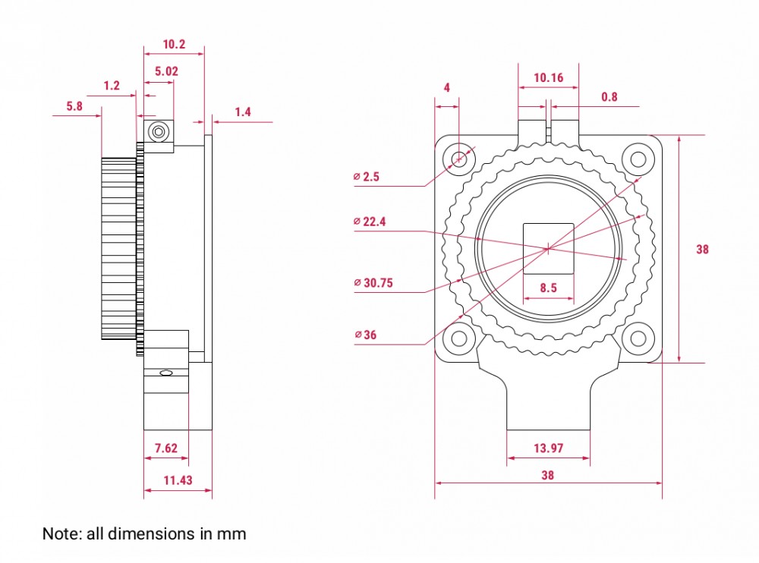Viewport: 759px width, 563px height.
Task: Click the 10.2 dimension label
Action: point(174,45)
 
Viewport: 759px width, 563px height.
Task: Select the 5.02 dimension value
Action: point(166,71)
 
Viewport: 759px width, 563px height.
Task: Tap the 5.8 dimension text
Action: point(74,106)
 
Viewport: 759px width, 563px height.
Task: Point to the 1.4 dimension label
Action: point(243,112)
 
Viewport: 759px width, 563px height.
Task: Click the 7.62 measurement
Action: point(166,448)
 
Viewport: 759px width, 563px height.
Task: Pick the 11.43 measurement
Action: point(178,480)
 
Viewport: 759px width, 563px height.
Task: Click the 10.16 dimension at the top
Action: point(549,77)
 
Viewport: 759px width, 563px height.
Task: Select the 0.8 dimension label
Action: point(609,97)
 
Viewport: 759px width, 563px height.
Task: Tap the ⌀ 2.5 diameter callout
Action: point(367,177)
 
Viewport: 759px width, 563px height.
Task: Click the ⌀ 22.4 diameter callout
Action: point(370,222)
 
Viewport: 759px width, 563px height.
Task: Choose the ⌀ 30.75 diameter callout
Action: point(373,283)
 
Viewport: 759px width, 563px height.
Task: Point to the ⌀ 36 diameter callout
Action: point(366,335)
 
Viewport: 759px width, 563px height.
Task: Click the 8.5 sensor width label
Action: point(549,288)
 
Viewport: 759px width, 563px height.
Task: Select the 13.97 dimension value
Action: point(549,448)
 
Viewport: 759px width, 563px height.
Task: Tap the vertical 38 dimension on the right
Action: point(702,250)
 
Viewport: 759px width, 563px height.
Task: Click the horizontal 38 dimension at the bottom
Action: point(547,476)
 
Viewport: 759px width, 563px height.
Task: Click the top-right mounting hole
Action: point(638,159)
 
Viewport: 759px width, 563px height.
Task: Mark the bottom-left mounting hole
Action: point(459,338)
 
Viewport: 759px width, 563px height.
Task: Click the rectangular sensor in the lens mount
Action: point(549,249)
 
